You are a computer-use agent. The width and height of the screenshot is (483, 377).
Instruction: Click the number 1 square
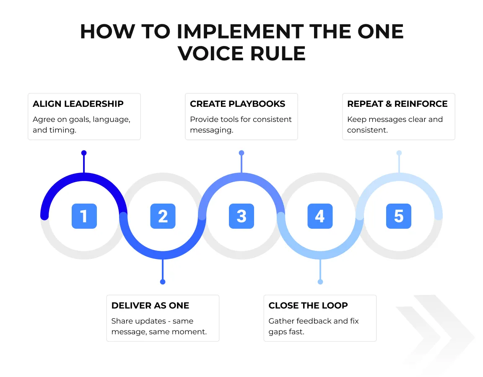[84, 216]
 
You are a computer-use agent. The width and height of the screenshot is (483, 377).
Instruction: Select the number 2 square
[163, 216]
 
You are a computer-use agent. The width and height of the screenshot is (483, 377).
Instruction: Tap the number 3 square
[241, 216]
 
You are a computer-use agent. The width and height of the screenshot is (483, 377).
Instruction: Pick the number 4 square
[320, 216]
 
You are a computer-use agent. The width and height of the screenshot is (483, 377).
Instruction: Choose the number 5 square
[399, 216]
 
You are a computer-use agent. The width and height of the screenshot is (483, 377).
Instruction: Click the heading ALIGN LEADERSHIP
[78, 104]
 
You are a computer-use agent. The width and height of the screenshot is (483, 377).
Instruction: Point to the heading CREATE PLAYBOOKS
[237, 104]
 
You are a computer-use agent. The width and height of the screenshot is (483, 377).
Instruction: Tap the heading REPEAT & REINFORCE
[397, 104]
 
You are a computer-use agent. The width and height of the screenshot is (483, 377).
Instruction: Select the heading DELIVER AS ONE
[150, 305]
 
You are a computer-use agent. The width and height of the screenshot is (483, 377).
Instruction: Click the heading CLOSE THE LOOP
[308, 305]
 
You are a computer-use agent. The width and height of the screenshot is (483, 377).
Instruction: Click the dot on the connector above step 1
[84, 153]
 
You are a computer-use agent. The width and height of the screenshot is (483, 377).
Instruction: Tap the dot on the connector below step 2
[163, 282]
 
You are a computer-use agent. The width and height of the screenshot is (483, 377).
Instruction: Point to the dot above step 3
[241, 153]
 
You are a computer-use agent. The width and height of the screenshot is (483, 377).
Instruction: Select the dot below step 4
[320, 282]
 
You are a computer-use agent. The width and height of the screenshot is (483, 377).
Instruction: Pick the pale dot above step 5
[399, 153]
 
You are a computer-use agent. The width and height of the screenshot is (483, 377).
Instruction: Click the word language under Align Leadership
[111, 119]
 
